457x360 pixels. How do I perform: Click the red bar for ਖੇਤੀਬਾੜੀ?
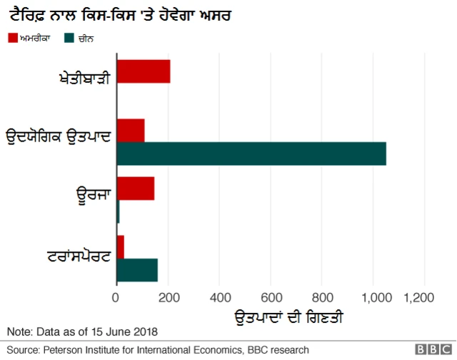pos(143,72)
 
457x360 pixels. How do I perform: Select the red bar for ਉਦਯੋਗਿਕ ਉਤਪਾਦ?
pos(131,131)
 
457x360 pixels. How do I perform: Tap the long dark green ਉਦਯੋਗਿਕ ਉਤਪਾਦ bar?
pos(251,154)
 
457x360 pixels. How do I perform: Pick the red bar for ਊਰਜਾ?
pos(135,189)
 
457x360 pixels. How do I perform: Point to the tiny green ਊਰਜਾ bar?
pos(118,212)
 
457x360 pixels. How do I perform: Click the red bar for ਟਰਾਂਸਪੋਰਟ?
pos(120,247)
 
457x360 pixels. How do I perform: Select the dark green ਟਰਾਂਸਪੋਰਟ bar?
pos(136,270)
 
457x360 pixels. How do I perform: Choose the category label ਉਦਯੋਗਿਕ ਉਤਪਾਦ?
pos(58,136)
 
